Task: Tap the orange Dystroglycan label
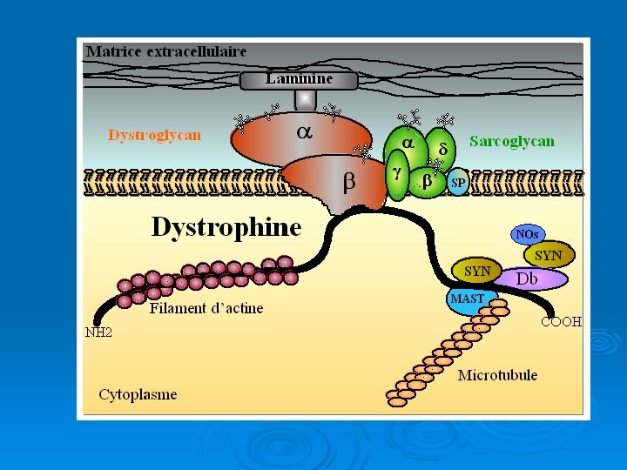click(154, 135)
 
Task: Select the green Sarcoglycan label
click(511, 141)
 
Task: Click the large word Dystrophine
click(226, 228)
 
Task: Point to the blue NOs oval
click(528, 234)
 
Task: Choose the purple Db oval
click(531, 279)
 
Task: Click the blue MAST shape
click(469, 299)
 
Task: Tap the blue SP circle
click(458, 183)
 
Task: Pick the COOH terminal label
click(560, 321)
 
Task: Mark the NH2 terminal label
click(98, 332)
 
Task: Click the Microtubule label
click(497, 375)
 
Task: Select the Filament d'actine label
click(206, 308)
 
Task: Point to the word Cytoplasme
click(138, 394)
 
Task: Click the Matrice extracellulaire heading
click(166, 51)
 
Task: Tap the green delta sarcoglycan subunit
click(442, 149)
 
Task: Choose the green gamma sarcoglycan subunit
click(397, 175)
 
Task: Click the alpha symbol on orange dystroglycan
click(304, 133)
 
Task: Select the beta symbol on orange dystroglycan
click(348, 183)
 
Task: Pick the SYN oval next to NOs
click(549, 255)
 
